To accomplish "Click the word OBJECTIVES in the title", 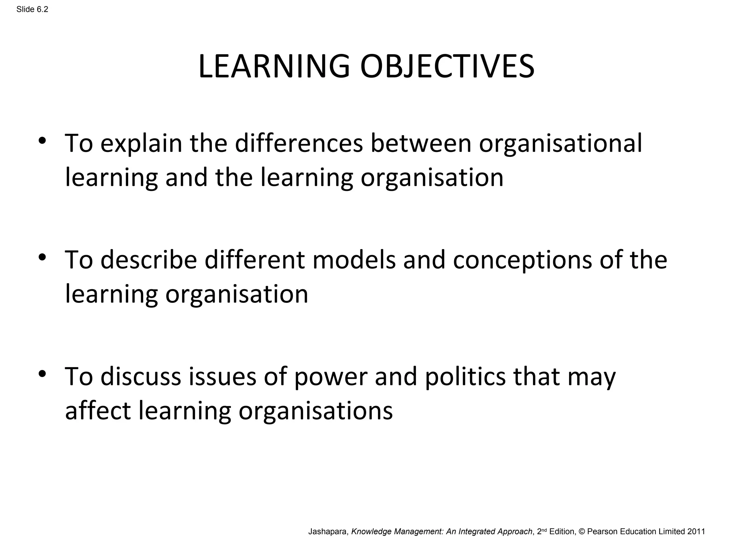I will (447, 66).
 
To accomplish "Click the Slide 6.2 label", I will (32, 10).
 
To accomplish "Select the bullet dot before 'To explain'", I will (42, 141).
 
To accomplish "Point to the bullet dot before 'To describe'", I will (42, 257).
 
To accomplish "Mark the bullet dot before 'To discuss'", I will (42, 374).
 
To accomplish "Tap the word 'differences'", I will (299, 143).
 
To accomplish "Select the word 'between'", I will (421, 143).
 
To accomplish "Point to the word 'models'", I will (354, 260).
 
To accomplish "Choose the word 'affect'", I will (98, 411).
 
